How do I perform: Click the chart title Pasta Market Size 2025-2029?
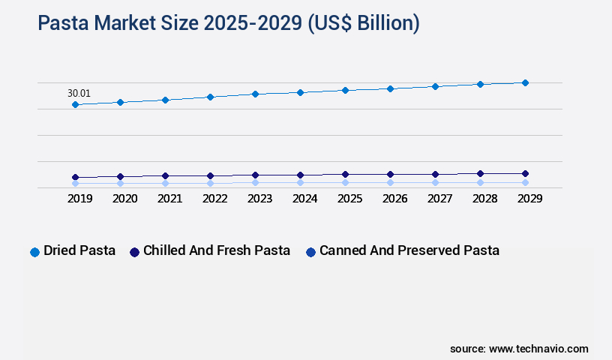pyautogui.click(x=229, y=23)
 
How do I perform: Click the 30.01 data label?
pyautogui.click(x=79, y=94)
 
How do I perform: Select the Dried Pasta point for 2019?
pyautogui.click(x=75, y=104)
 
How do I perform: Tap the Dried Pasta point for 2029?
pyautogui.click(x=525, y=82)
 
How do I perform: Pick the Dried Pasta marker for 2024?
pyautogui.click(x=300, y=92)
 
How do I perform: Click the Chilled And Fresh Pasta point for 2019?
pyautogui.click(x=75, y=178)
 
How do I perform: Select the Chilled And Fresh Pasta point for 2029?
pyautogui.click(x=525, y=173)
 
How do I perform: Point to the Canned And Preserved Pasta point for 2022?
pyautogui.click(x=210, y=183)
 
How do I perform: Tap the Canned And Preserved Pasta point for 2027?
pyautogui.click(x=435, y=182)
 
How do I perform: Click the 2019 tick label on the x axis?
pyautogui.click(x=79, y=199)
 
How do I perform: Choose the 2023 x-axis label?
pyautogui.click(x=259, y=199)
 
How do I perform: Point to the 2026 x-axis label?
pyautogui.click(x=394, y=199)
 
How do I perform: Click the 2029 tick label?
pyautogui.click(x=529, y=199)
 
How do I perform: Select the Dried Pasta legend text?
pyautogui.click(x=79, y=250)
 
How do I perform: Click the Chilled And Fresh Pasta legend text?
pyautogui.click(x=216, y=250)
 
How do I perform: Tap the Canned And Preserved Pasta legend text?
pyautogui.click(x=409, y=250)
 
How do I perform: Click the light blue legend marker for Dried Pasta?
pyautogui.click(x=34, y=252)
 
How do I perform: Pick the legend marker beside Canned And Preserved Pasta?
pyautogui.click(x=310, y=252)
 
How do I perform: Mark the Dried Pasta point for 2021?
pyautogui.click(x=165, y=100)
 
